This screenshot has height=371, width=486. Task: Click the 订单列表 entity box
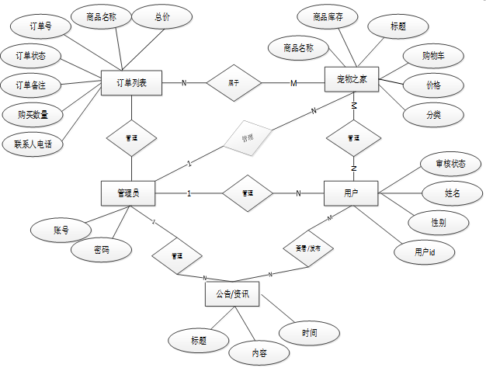point(131,83)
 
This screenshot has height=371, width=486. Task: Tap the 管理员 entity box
point(128,193)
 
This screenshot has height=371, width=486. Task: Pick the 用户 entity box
point(350,192)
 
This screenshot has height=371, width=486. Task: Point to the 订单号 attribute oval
point(40,27)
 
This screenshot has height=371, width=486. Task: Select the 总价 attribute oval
point(161,17)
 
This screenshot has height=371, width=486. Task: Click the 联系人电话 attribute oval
point(33,144)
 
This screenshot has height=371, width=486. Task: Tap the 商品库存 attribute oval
point(328,17)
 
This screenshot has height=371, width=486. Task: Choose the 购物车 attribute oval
point(432,56)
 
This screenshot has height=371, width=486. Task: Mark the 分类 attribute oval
point(433,115)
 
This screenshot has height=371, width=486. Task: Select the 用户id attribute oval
point(424,252)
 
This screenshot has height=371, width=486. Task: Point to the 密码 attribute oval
point(101,251)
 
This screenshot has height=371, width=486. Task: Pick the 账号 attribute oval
point(61,230)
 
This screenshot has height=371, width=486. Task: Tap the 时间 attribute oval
point(309,333)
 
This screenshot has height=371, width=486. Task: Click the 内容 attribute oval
point(259,352)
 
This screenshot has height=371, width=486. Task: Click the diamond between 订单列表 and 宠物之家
point(234,82)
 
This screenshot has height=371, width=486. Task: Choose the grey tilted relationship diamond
point(248,138)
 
